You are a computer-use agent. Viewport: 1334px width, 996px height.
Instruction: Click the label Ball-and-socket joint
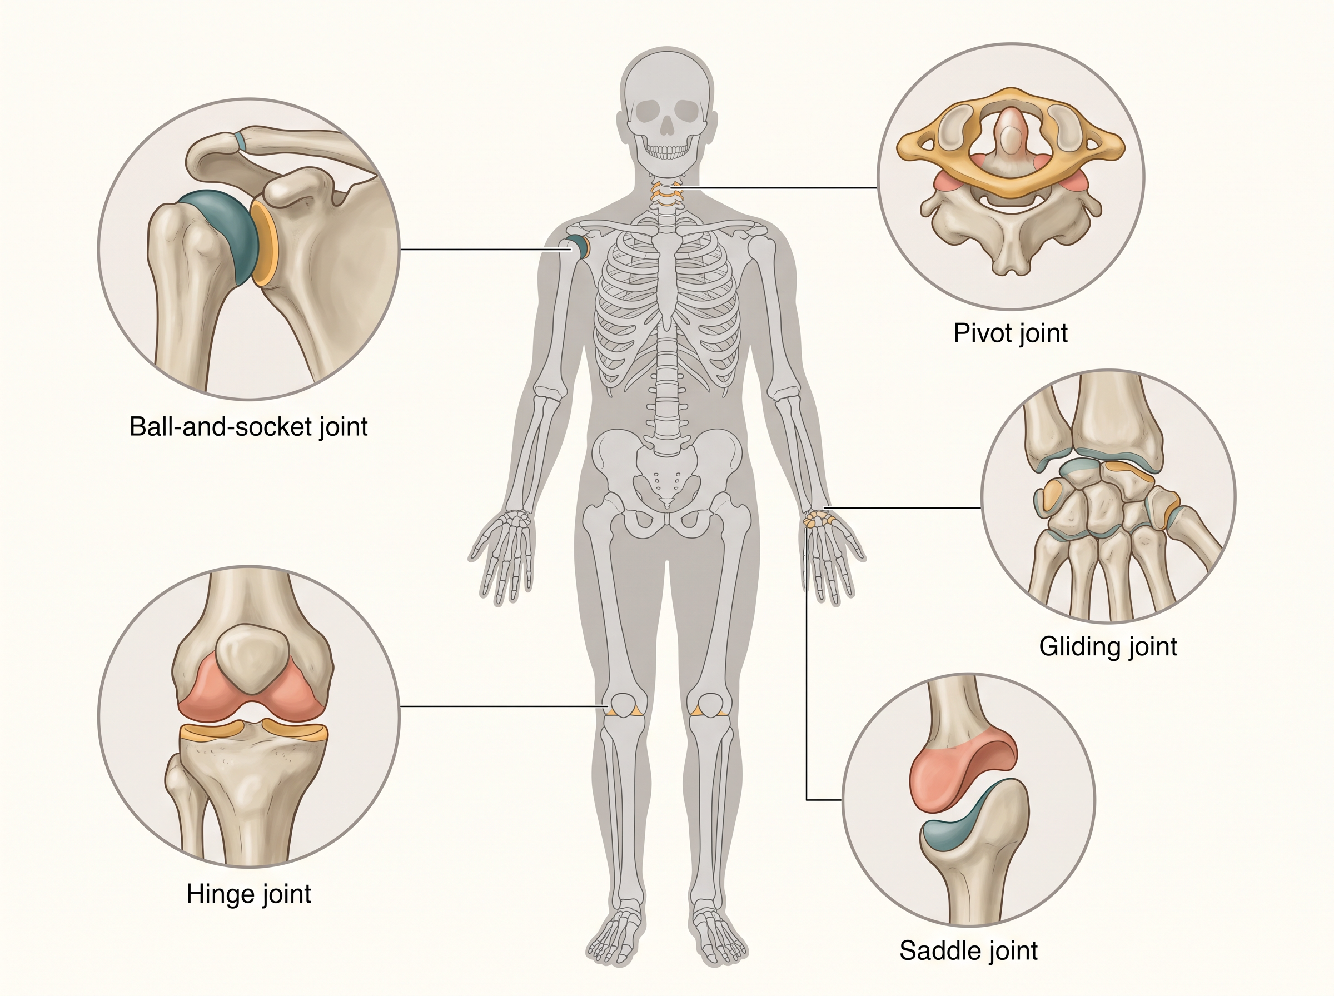coord(248,427)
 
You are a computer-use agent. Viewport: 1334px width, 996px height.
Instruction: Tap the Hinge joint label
coord(248,894)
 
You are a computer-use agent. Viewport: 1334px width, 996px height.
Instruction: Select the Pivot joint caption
coord(1011,333)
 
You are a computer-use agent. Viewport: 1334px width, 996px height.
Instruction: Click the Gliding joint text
coord(1108,647)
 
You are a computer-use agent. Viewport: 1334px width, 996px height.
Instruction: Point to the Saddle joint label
coord(968,951)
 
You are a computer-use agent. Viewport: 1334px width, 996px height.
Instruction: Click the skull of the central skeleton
coord(666,107)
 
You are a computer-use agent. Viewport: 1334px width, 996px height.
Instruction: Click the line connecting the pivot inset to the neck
coord(780,187)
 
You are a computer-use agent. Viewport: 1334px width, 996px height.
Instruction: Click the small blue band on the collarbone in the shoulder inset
coord(241,141)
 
